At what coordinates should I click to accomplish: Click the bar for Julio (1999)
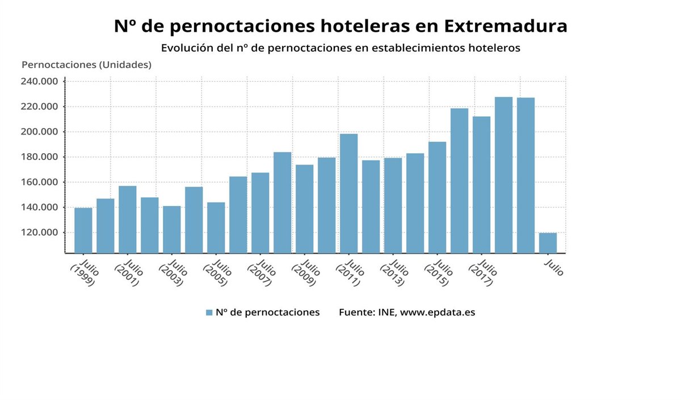(83, 230)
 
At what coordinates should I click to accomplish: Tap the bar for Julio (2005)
(216, 228)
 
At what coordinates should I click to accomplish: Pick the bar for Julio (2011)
(348, 193)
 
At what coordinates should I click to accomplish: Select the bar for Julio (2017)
(481, 184)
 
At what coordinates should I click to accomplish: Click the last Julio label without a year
(554, 268)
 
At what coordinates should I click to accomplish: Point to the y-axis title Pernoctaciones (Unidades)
(86, 65)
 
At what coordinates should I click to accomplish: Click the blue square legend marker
(209, 313)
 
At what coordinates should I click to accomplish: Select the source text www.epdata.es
(438, 313)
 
